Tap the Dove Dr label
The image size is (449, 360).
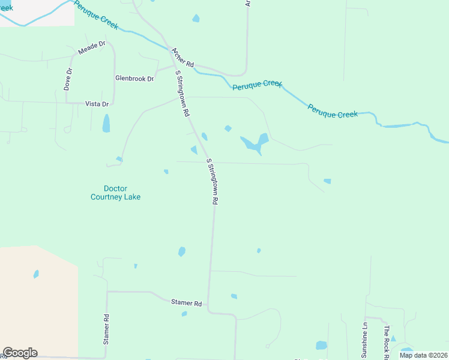click(x=68, y=79)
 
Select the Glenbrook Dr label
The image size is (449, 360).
click(x=134, y=79)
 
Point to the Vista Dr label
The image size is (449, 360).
click(x=97, y=104)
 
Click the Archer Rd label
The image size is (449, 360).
click(x=182, y=58)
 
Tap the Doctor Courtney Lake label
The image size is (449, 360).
click(x=115, y=192)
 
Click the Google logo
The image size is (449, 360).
click(x=20, y=353)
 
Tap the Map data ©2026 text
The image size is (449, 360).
click(x=423, y=355)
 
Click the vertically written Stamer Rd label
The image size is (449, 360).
click(x=106, y=329)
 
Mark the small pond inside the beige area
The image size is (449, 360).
click(x=36, y=274)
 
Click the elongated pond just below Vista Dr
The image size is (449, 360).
click(x=106, y=124)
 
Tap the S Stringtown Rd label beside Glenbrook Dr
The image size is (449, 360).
click(x=182, y=94)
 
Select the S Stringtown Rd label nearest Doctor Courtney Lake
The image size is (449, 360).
click(x=211, y=182)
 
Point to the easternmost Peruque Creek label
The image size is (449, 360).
click(x=333, y=110)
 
